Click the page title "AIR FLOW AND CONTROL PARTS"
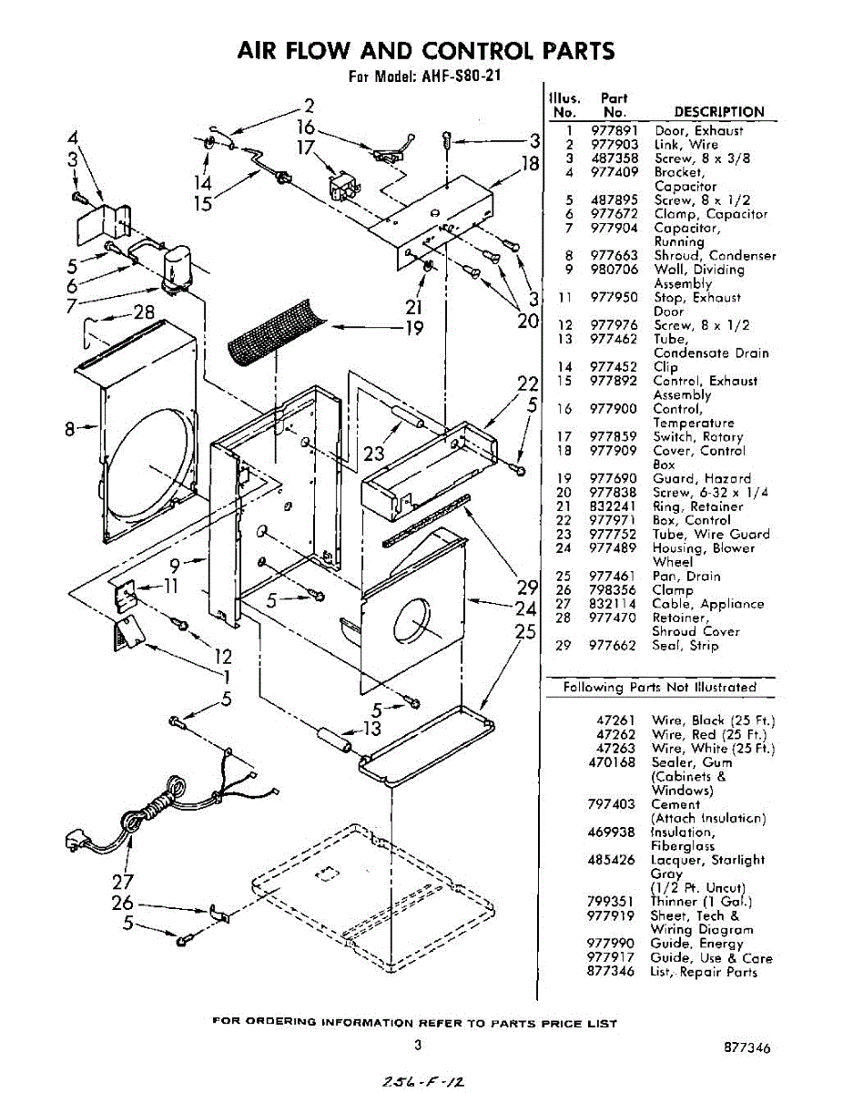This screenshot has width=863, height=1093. [425, 50]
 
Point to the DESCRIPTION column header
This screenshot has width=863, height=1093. [719, 112]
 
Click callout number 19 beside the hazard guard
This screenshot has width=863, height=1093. [414, 327]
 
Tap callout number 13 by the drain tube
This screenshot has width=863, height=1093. [371, 728]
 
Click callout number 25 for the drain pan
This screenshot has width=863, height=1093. [523, 630]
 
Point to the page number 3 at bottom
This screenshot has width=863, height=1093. [417, 1046]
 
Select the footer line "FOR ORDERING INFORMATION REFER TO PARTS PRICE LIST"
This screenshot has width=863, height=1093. [415, 1023]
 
